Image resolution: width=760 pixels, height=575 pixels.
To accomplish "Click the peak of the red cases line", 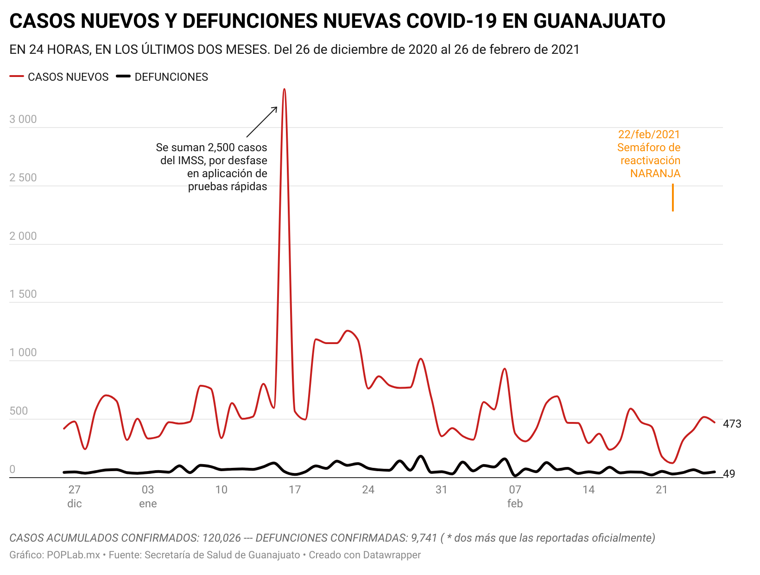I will tap(284, 89).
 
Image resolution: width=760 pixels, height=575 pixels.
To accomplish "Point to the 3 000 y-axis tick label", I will tap(23, 119).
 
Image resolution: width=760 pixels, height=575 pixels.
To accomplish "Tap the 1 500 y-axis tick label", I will tap(23, 294).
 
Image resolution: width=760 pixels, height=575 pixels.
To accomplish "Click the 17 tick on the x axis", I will tap(295, 490).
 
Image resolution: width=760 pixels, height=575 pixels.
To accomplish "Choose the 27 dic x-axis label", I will tap(74, 496).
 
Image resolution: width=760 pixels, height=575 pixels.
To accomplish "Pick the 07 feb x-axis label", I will tap(515, 496).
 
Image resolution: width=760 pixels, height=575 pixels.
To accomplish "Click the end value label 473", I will tap(732, 424).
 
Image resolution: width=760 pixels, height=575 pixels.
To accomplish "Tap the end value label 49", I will tap(729, 474).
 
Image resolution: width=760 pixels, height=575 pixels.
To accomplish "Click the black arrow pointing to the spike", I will tap(262, 122).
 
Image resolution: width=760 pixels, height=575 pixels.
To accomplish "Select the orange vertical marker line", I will tap(673, 198).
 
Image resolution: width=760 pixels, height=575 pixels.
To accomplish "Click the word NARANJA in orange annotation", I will tap(655, 173).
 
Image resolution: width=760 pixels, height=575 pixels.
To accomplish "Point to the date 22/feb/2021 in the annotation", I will tap(649, 134).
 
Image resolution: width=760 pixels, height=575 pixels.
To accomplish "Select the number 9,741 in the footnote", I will tap(424, 538).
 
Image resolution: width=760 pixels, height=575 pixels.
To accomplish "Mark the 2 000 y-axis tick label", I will tap(23, 236).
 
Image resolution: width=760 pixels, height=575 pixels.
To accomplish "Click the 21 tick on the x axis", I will tap(662, 490).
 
